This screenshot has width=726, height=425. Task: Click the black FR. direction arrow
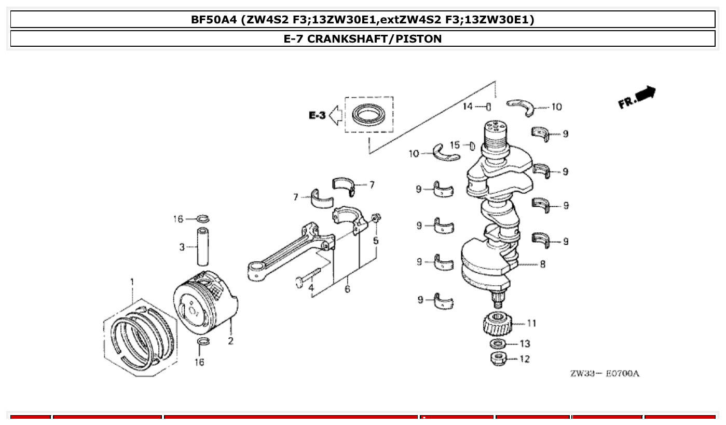[x=646, y=94]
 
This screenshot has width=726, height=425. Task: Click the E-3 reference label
[x=317, y=115]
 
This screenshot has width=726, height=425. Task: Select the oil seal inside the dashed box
[x=369, y=115]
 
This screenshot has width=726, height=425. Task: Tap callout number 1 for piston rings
[x=132, y=282]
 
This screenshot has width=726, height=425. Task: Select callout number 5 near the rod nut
[x=376, y=241]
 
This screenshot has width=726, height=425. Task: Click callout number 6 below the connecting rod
[x=347, y=289]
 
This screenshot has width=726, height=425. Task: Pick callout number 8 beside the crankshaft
[x=542, y=264]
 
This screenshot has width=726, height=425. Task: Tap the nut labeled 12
[x=499, y=358]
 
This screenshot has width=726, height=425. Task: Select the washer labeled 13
[x=498, y=344]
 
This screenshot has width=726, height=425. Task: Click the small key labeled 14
[x=488, y=107]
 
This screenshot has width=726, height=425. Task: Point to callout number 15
[x=455, y=145]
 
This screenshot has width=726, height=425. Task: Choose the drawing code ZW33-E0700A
[x=605, y=374]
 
